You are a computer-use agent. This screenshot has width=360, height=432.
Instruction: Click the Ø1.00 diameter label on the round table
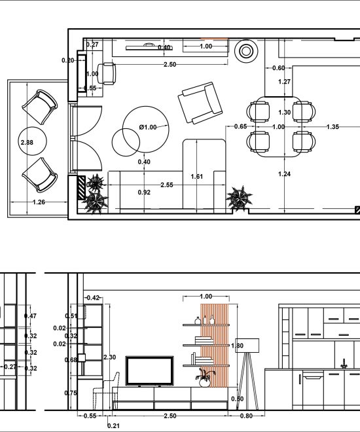coord(148,127)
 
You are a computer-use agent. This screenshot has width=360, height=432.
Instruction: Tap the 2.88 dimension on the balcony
coord(27,143)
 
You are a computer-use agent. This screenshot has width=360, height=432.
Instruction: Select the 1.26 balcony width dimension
coord(39,202)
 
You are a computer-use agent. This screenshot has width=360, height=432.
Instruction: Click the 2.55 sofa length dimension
coord(167,185)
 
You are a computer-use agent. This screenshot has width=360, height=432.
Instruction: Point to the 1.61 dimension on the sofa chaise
coord(197,176)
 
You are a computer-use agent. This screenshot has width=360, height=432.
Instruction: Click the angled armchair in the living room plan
coord(200,103)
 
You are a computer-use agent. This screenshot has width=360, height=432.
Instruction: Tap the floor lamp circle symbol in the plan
coord(246,51)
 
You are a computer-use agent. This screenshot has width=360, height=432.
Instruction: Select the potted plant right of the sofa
coord(239,198)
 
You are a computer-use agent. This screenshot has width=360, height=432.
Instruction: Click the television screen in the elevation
coord(150,371)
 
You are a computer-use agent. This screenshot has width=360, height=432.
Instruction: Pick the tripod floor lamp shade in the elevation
coord(247,346)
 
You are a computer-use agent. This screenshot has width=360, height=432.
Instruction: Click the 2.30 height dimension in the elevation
coord(109,357)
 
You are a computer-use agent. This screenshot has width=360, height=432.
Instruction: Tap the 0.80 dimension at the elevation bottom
coord(246,416)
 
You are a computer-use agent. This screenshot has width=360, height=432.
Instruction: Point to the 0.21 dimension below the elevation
coord(113,426)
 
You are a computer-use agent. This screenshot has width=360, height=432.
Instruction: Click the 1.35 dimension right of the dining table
coord(333,127)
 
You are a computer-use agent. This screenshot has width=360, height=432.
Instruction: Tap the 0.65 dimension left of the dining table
coord(240,126)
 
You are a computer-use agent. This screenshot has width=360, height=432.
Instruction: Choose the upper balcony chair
coord(40,107)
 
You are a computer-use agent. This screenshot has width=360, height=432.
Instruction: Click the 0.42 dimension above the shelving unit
coord(93,298)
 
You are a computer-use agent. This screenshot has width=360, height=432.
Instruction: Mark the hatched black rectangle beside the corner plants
coord(82,188)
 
